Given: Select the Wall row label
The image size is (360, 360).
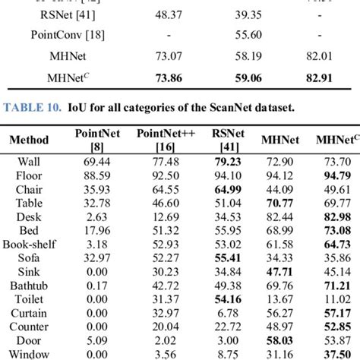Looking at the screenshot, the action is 30,162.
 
